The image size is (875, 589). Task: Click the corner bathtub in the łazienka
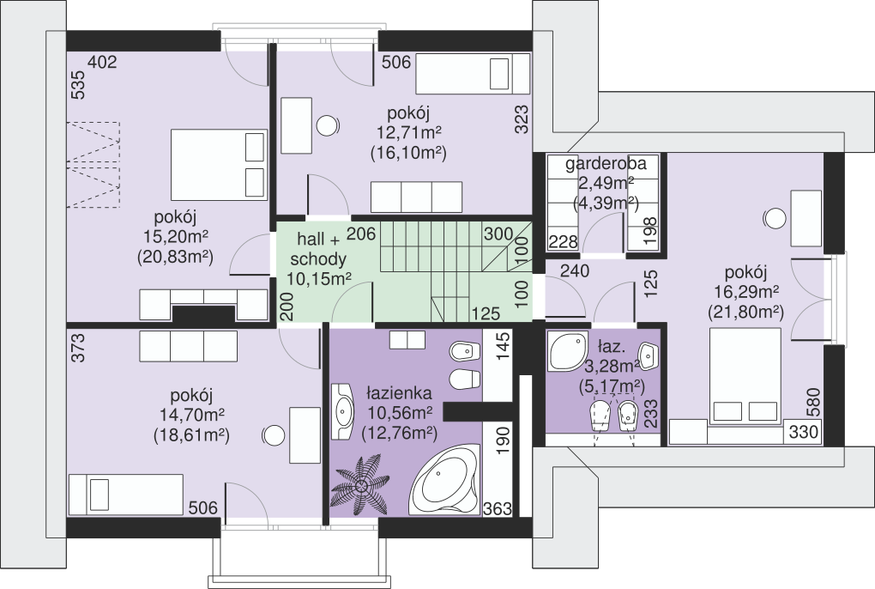(445, 480)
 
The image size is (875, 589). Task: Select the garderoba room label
(606, 164)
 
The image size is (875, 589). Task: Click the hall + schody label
(317, 249)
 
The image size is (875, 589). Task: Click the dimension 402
(103, 62)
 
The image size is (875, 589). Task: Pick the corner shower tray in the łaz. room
(567, 351)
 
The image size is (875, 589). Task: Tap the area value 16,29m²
(746, 292)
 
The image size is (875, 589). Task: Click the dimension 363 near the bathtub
(498, 508)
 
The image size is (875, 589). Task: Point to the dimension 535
(79, 84)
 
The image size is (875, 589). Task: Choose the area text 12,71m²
(408, 133)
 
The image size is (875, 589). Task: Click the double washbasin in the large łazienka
(342, 411)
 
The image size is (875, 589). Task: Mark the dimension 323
(522, 119)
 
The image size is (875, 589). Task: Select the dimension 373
(79, 347)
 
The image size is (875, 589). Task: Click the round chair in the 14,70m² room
(274, 435)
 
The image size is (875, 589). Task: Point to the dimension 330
(804, 432)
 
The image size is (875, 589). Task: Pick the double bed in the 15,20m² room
(218, 165)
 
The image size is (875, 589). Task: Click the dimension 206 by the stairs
(361, 233)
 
